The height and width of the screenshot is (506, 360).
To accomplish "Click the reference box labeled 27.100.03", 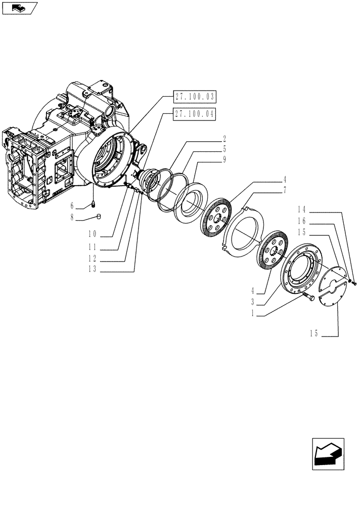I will click(195, 96).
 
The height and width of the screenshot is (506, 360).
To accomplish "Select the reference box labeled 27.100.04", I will click(195, 114).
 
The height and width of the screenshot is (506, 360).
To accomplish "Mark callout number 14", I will click(302, 209).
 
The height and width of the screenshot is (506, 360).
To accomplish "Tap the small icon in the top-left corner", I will click(19, 8).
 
